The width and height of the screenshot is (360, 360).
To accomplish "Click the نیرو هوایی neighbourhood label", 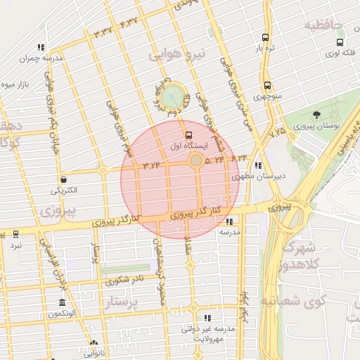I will (x=180, y=53).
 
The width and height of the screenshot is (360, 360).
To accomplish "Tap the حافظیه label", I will (x=323, y=26).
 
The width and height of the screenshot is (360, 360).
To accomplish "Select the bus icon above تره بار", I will (x=264, y=38).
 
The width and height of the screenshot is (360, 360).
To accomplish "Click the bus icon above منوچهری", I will (x=267, y=86).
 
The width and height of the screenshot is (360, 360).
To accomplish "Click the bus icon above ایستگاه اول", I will (x=188, y=135).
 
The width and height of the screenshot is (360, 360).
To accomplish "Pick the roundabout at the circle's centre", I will (x=195, y=162).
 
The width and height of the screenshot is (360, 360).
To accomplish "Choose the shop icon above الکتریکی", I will (x=64, y=179).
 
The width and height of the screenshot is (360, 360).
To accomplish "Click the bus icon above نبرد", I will (x=15, y=234).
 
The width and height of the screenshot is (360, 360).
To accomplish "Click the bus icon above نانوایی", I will (x=94, y=344).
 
